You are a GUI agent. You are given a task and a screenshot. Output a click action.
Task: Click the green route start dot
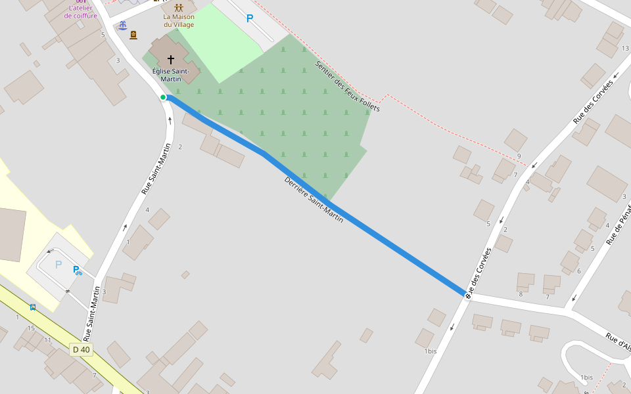click(163, 97)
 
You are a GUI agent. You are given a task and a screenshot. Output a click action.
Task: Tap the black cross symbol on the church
click(171, 59)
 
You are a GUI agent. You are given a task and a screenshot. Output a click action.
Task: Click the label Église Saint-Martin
click(171, 75)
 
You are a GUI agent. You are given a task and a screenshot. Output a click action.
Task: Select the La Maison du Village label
click(179, 20)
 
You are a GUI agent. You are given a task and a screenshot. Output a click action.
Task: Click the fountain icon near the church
click(122, 26)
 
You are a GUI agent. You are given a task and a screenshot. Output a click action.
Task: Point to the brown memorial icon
click(133, 35)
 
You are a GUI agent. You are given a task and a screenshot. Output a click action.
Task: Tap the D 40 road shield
click(82, 349)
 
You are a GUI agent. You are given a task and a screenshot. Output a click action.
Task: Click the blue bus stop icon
click(32, 307)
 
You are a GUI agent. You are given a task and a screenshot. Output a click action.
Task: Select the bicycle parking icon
click(78, 270)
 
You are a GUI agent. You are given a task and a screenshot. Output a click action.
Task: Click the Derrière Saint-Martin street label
click(314, 200)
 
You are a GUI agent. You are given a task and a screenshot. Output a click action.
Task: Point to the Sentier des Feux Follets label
click(348, 86)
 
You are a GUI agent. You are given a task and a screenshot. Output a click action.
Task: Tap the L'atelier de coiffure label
click(81, 12)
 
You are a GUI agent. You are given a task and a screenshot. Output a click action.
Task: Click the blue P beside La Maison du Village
click(250, 18)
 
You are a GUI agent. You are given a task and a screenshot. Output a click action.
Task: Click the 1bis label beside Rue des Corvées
click(430, 351)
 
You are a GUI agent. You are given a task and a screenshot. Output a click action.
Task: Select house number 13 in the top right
click(625, 48)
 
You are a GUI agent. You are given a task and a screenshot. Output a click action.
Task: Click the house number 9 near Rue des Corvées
click(519, 156)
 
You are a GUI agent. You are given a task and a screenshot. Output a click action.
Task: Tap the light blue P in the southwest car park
click(58, 265)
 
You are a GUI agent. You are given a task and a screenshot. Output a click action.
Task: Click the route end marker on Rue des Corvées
click(468, 295)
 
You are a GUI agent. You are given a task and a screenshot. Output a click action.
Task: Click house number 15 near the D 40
click(31, 328)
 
